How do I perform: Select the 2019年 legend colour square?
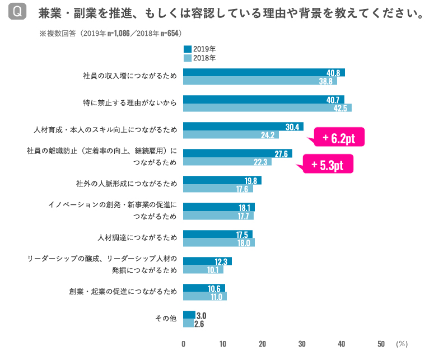tap(187, 49)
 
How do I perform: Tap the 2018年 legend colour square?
tap(187, 58)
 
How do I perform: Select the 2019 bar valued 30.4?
tap(243, 127)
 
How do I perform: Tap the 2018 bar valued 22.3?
tap(227, 162)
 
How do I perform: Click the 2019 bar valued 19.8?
tap(222, 180)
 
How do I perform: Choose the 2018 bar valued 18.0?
tap(218, 242)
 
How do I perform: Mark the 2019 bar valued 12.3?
tap(207, 261)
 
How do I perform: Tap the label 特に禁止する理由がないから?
tap(129, 103)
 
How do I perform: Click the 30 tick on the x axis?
tap(302, 344)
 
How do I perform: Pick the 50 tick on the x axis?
tap(381, 344)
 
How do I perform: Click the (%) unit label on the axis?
tap(402, 344)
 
